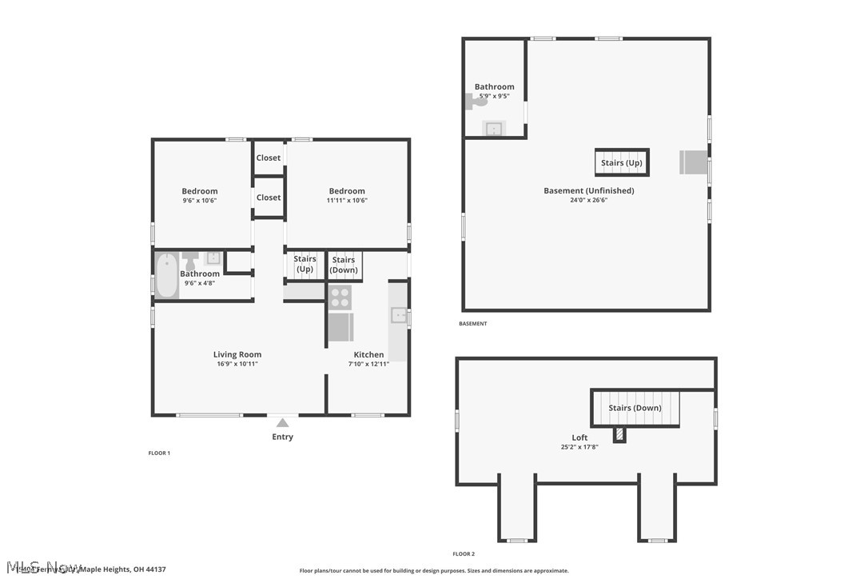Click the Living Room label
(x=237, y=354)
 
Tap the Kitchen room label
(x=368, y=354)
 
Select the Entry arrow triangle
(x=282, y=423)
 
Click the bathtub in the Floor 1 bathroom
(x=166, y=275)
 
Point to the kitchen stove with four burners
(x=340, y=297)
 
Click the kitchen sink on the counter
(x=399, y=315)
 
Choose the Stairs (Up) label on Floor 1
(x=305, y=264)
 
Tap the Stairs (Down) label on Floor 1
(x=344, y=265)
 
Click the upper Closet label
(x=269, y=158)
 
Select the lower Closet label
(x=269, y=198)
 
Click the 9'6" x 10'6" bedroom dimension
(x=199, y=201)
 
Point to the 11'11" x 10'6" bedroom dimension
(x=347, y=201)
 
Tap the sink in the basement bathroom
(x=494, y=128)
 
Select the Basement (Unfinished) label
(x=588, y=190)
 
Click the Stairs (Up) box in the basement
(x=621, y=162)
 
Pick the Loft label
(x=579, y=437)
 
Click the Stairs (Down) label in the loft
(x=635, y=408)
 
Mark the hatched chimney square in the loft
(x=619, y=434)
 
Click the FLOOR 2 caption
(x=464, y=553)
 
